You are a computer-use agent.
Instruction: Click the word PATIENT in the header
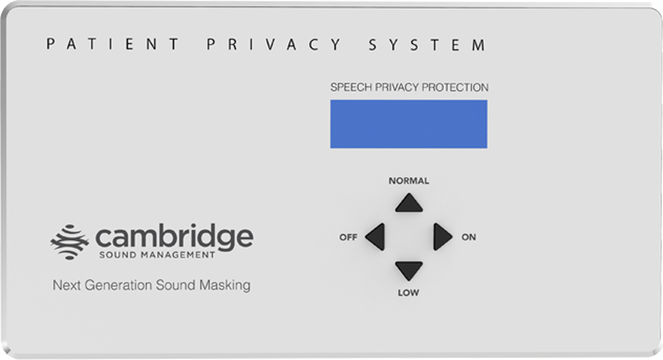(112, 45)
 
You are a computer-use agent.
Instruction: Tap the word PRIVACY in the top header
(274, 45)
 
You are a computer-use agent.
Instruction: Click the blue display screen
(409, 124)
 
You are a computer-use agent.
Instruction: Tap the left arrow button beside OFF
(376, 237)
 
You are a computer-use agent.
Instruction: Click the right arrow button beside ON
(442, 237)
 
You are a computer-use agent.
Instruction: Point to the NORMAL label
(409, 181)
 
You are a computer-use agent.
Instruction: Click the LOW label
(409, 293)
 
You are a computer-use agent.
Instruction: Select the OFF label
(348, 238)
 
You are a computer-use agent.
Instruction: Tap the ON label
(469, 238)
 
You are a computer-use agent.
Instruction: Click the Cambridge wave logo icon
(70, 242)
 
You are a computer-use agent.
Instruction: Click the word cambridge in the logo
(174, 238)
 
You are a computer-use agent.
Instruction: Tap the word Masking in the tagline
(225, 286)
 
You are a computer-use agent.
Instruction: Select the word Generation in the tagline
(118, 285)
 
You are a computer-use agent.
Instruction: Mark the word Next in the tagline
(67, 285)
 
